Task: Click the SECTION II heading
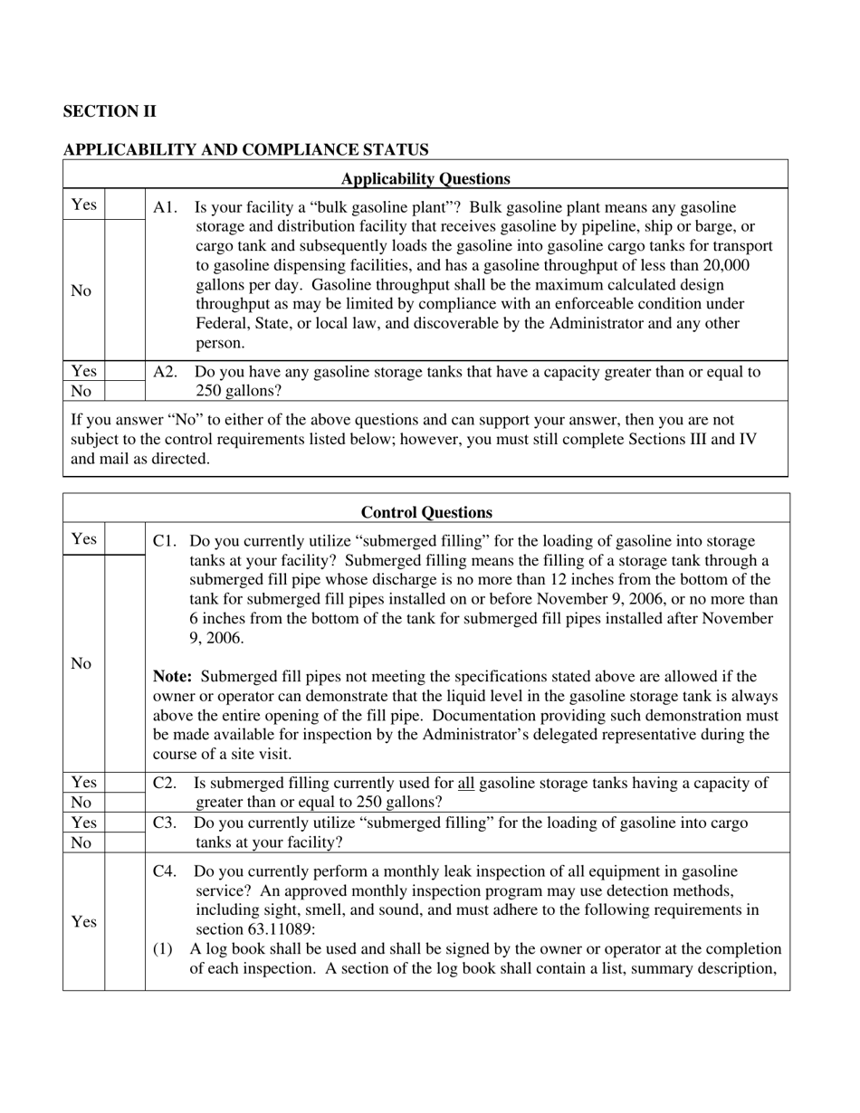click(x=110, y=111)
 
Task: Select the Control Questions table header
click(x=426, y=512)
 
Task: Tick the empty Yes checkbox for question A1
click(x=125, y=205)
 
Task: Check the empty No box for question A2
click(x=125, y=391)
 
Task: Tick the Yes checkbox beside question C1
click(x=125, y=538)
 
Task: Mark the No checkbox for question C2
click(x=125, y=802)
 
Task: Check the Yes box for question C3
click(x=125, y=823)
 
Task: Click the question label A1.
click(x=166, y=207)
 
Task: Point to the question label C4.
click(x=165, y=871)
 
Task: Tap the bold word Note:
click(x=172, y=676)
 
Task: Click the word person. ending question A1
click(x=220, y=343)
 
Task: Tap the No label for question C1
click(x=81, y=663)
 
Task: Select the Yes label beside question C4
click(x=83, y=922)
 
